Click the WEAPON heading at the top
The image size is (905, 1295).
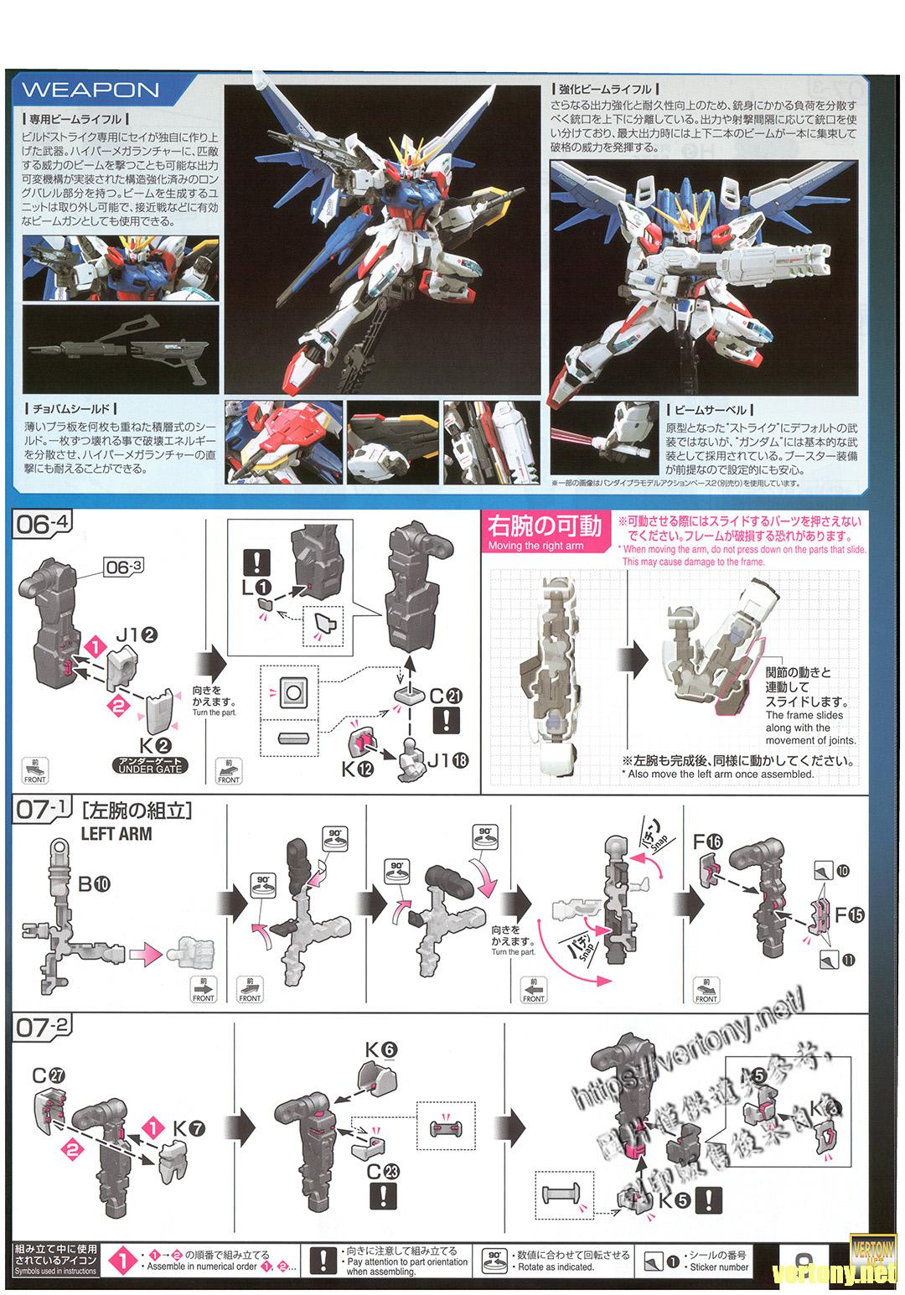coord(90,90)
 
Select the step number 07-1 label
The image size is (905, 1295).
coord(43,810)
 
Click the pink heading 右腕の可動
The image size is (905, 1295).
coord(545,526)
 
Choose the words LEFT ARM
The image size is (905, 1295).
coord(116,835)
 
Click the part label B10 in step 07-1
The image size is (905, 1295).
coord(95,884)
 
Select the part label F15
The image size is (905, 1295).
coord(845,915)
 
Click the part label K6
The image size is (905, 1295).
coord(380,1048)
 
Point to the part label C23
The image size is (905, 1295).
coord(380,1171)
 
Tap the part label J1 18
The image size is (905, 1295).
coord(448,760)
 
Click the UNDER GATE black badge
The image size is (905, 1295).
coord(150,764)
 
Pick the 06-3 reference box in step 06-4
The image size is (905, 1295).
coord(125,567)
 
